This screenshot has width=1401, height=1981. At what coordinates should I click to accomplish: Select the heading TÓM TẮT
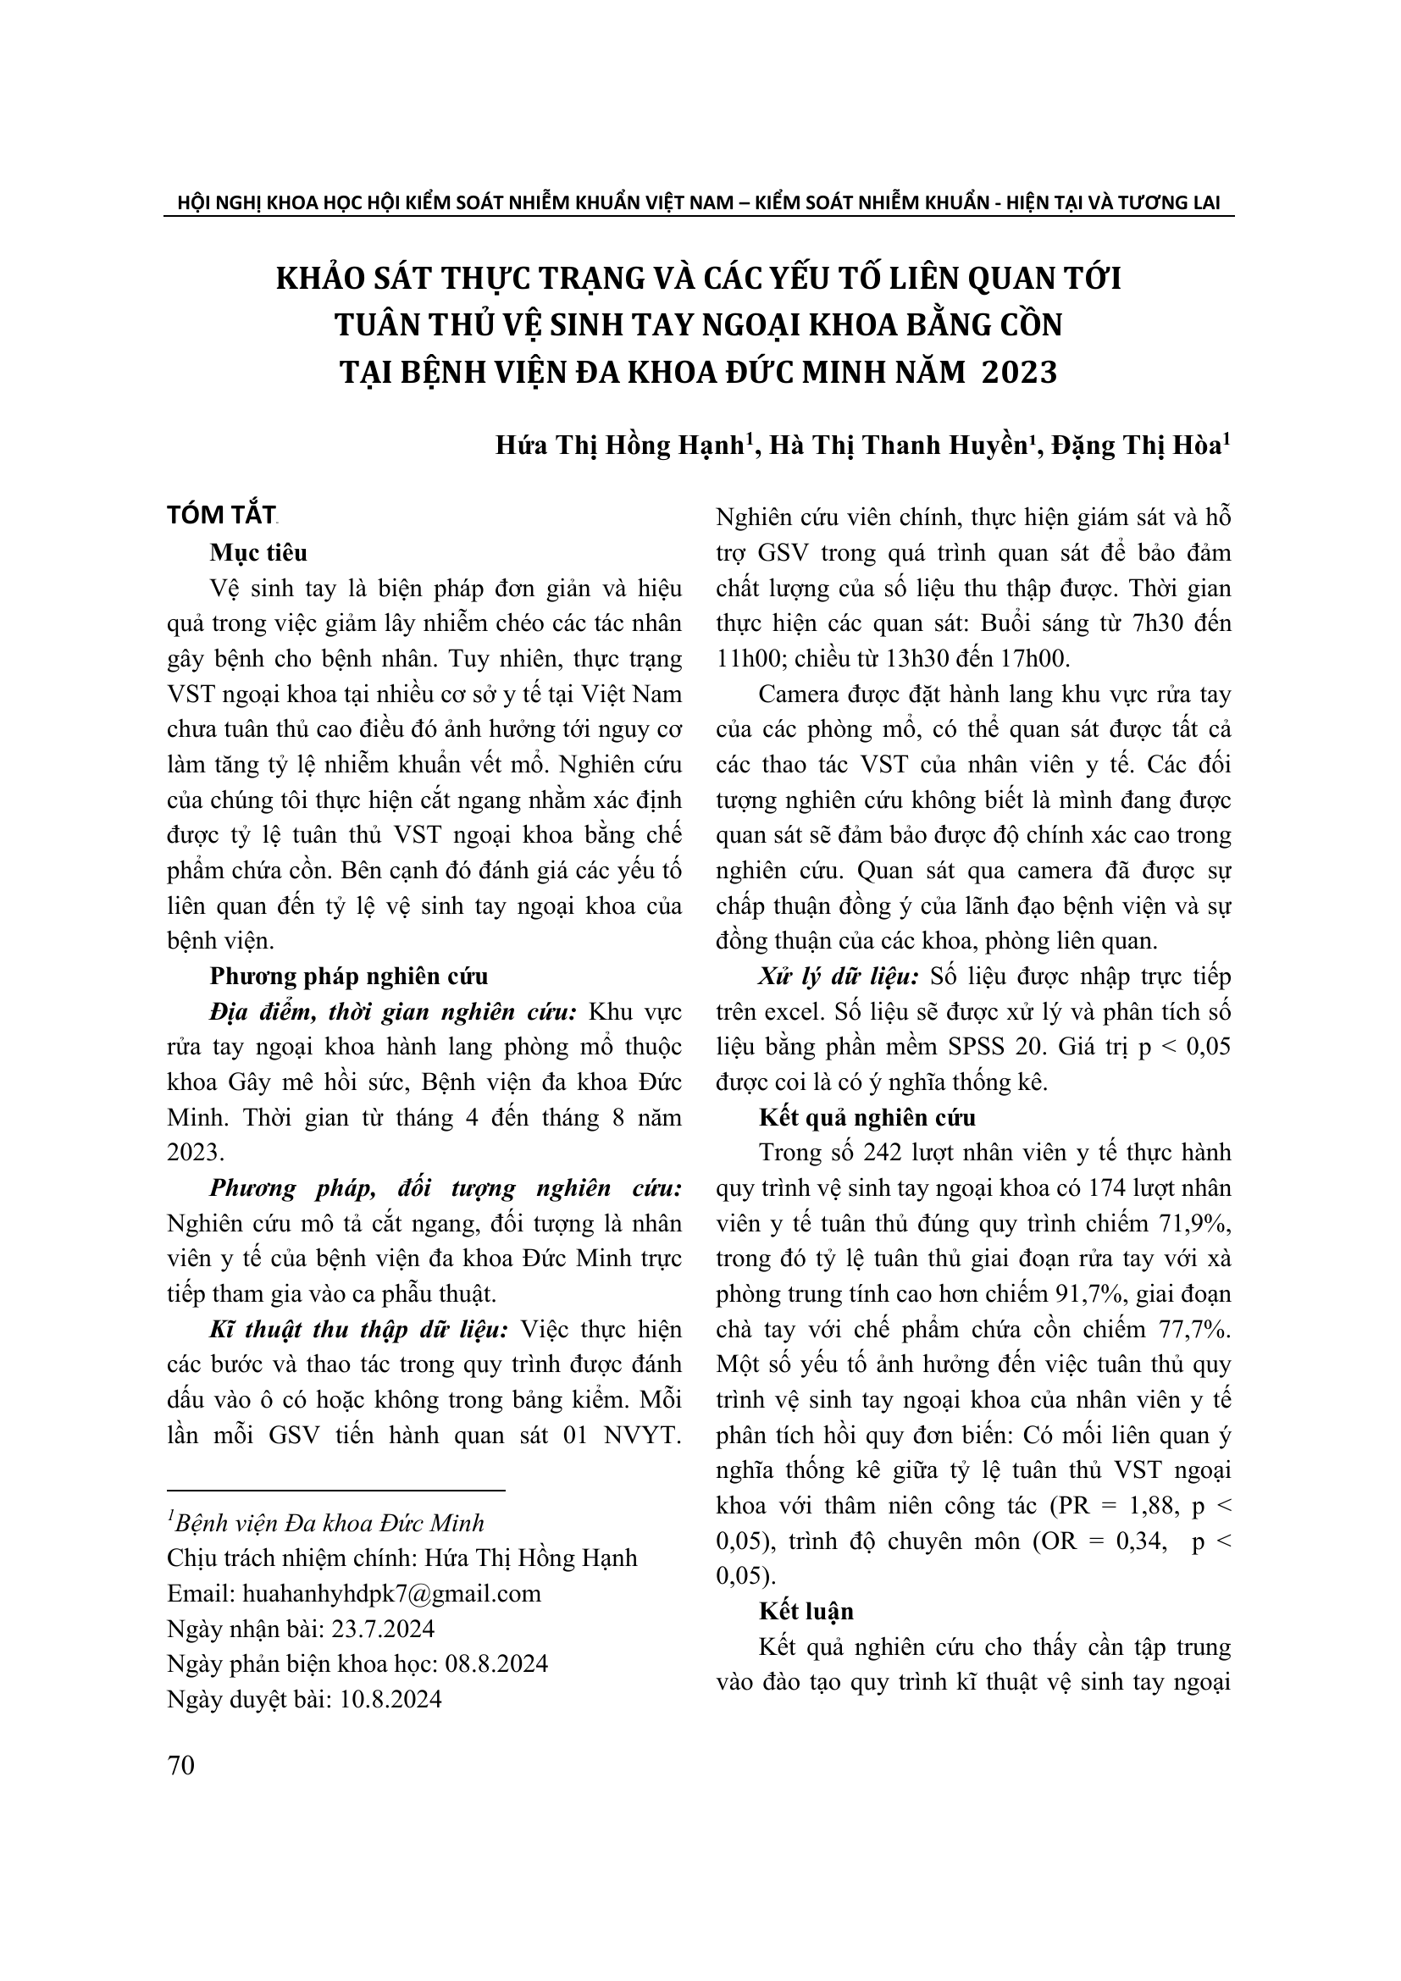coord(221,515)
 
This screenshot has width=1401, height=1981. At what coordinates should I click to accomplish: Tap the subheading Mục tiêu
coord(258,552)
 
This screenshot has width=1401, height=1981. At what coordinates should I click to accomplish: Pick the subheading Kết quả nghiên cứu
coord(867,1118)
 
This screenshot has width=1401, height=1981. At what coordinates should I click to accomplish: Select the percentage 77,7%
coord(1189,1331)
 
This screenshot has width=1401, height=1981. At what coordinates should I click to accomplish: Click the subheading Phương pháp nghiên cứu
coord(348,977)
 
